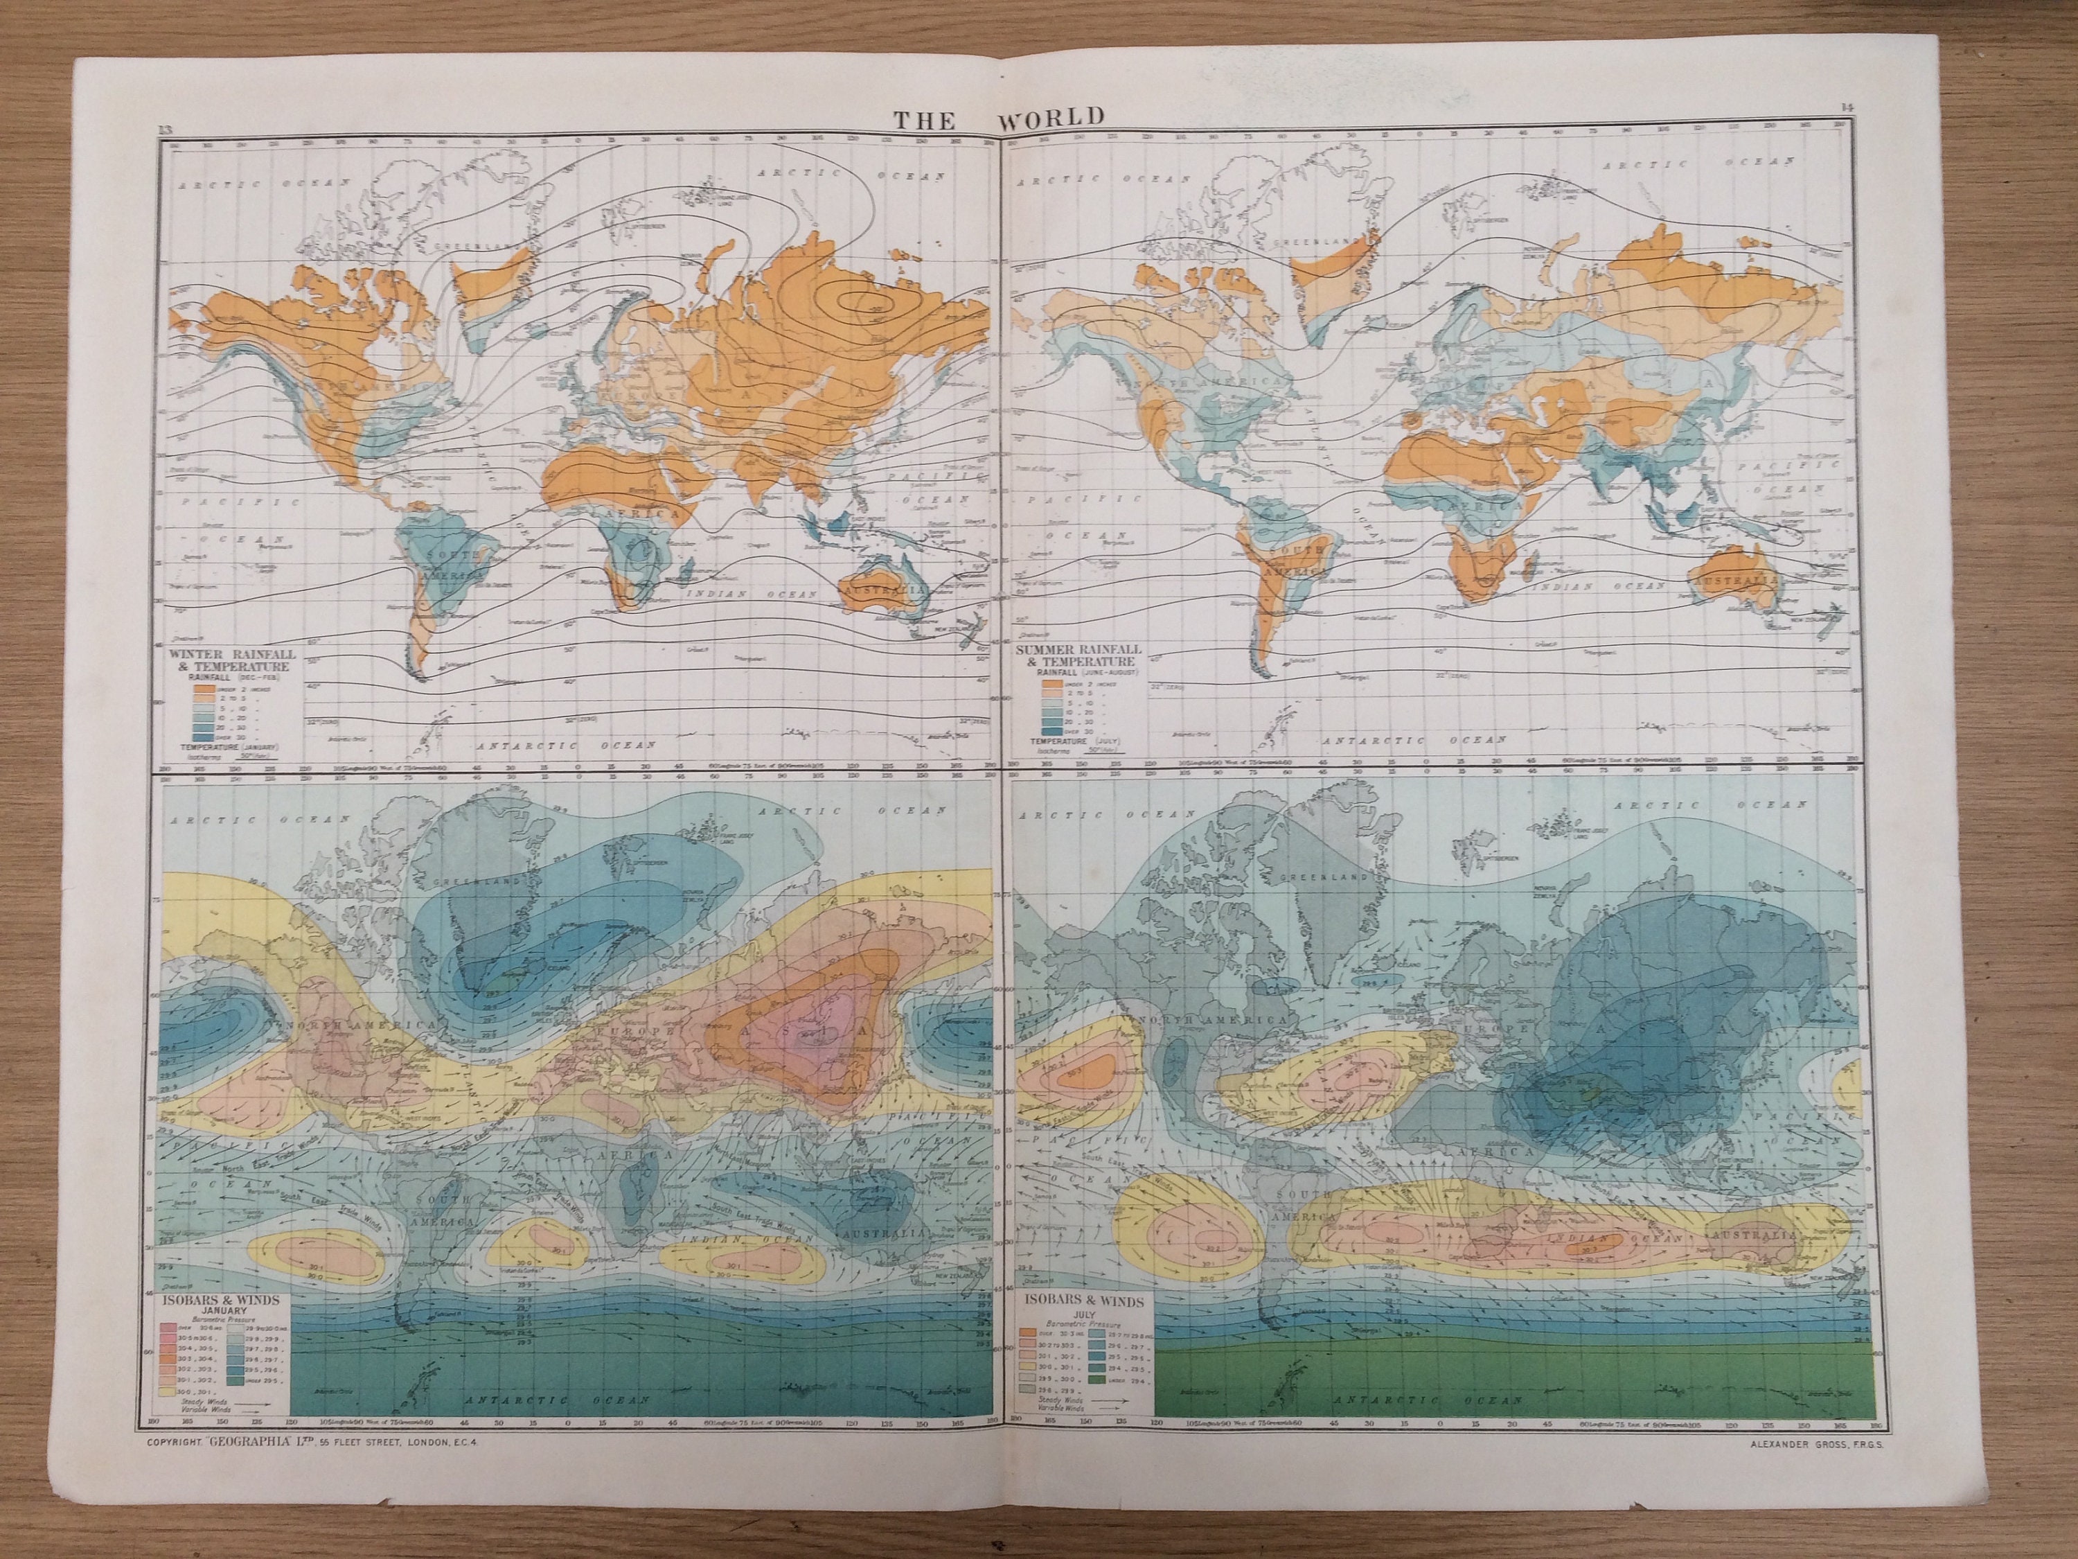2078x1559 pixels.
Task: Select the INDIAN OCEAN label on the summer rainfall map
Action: (1587, 585)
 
